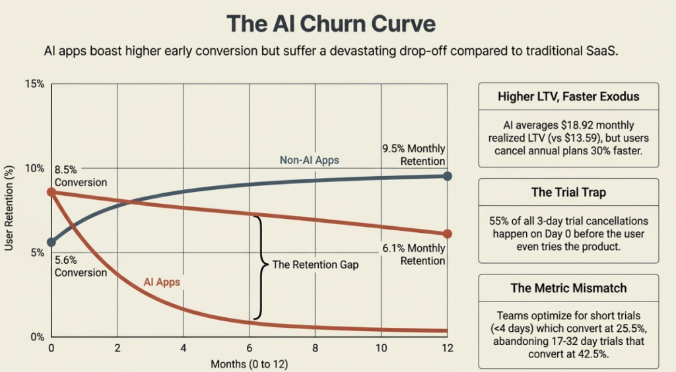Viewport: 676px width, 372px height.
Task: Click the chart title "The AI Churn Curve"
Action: click(x=331, y=24)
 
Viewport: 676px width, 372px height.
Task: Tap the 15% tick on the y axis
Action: click(x=34, y=84)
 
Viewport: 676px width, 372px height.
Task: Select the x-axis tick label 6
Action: click(x=250, y=348)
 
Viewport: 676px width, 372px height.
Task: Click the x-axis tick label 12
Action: click(x=448, y=348)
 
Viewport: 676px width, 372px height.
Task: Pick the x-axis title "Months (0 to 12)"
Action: click(x=250, y=363)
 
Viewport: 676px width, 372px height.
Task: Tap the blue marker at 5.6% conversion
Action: click(x=51, y=242)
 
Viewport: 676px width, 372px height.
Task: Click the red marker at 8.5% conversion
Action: click(x=51, y=192)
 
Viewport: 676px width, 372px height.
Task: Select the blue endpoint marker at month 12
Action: click(x=448, y=176)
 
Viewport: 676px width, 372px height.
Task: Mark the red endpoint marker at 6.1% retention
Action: click(x=448, y=233)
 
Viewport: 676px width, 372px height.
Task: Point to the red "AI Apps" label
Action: click(x=162, y=282)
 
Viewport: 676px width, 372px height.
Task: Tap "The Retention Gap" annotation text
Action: click(x=316, y=264)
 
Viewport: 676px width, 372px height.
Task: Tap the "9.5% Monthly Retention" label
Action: click(x=413, y=155)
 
